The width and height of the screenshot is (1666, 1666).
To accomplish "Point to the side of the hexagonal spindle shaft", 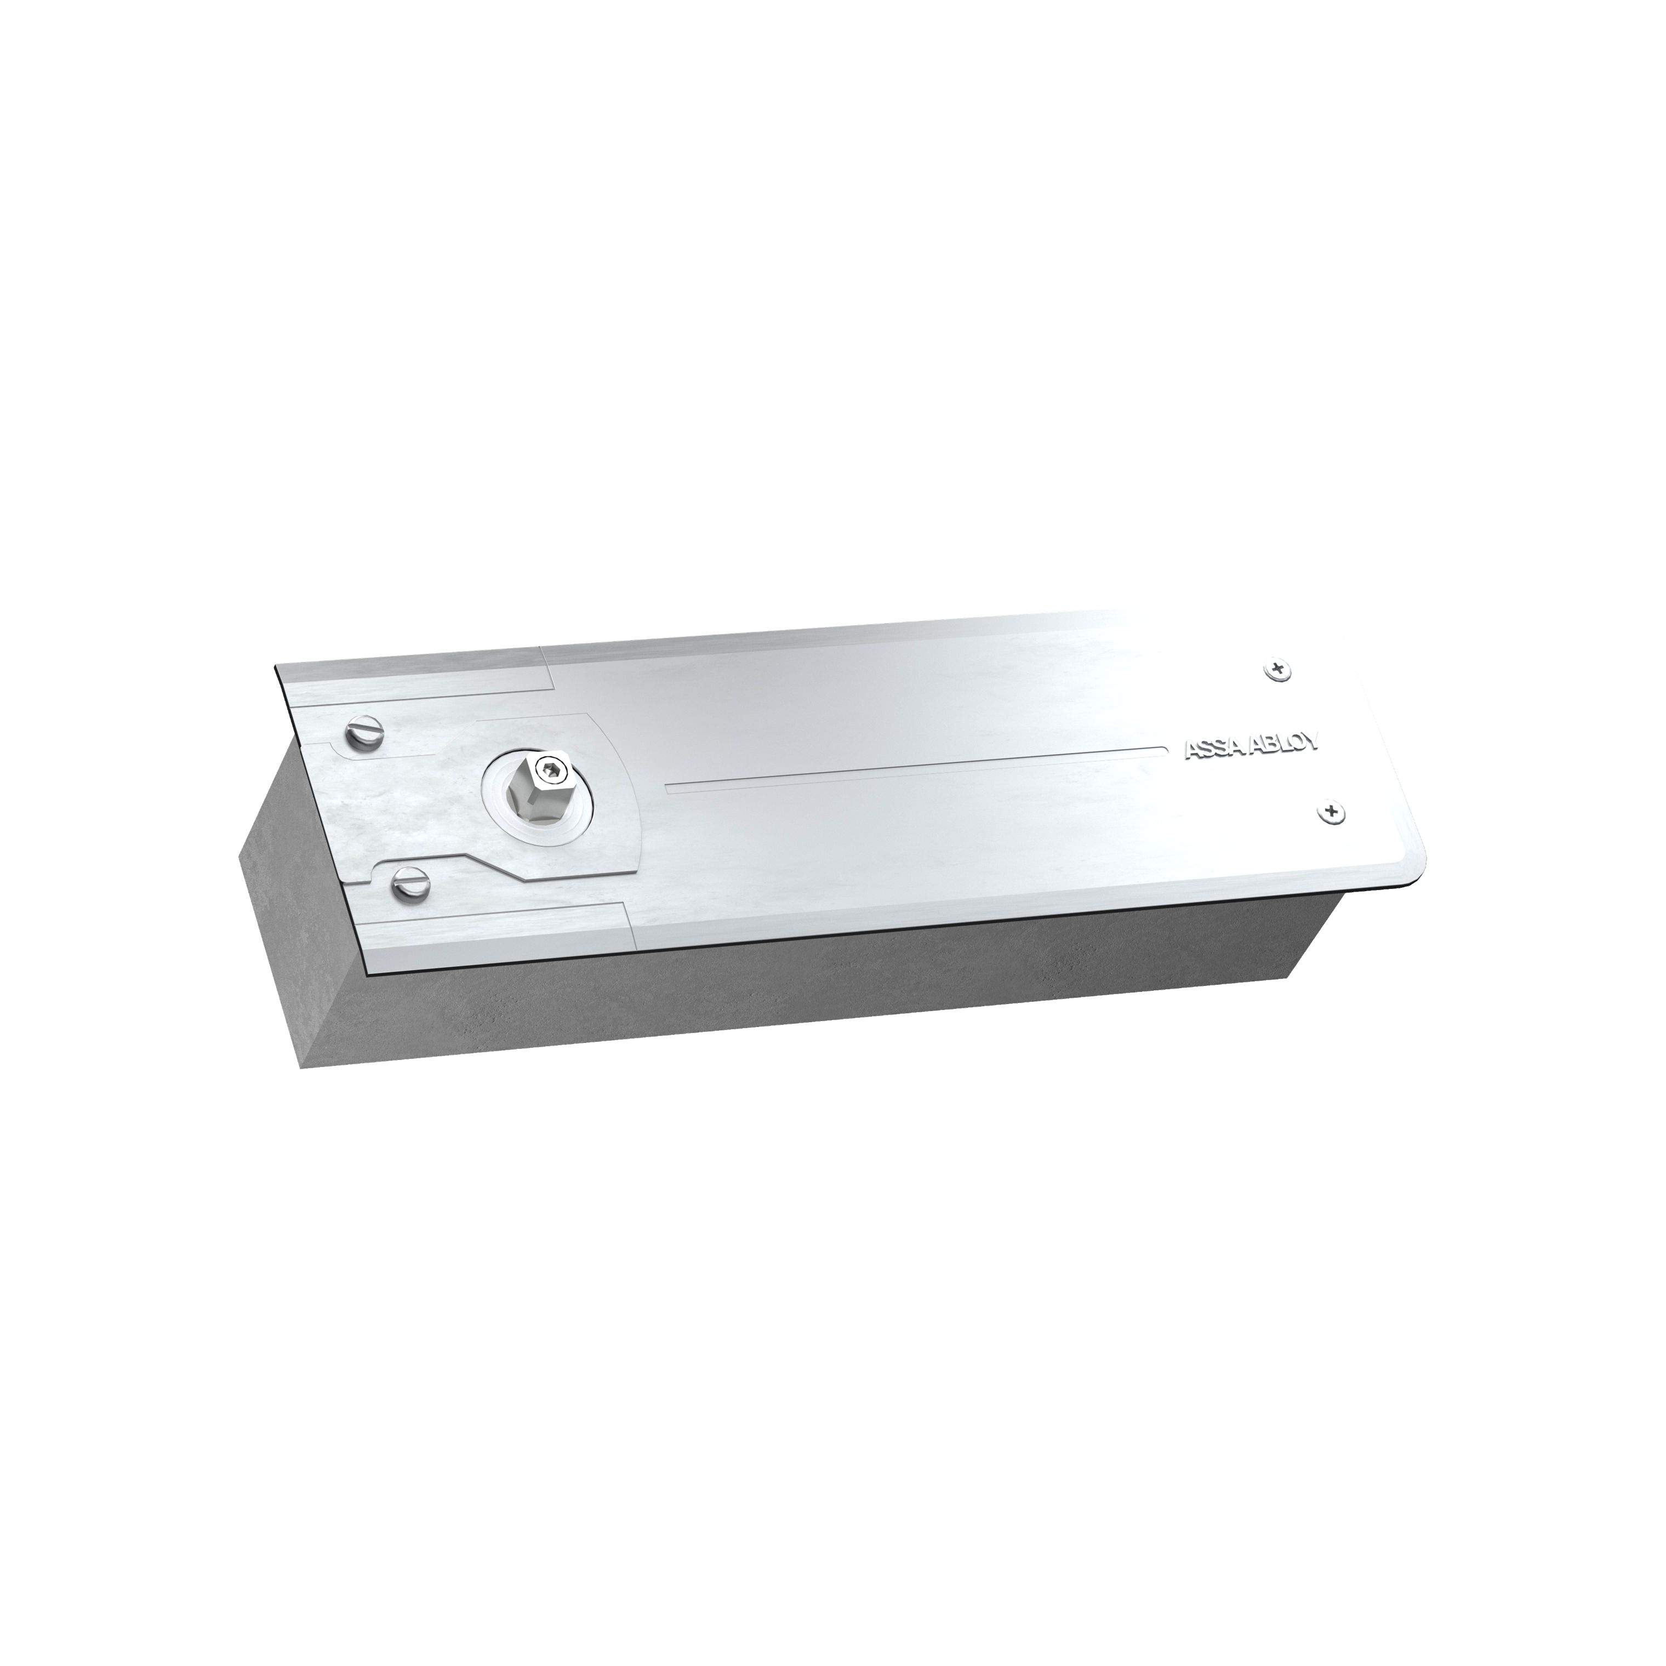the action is tap(533, 791).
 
